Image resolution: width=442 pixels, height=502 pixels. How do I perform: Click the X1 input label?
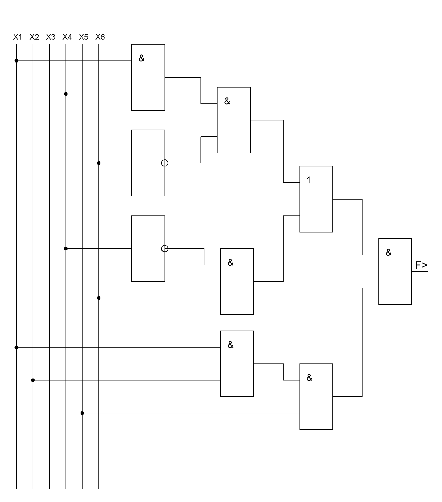tap(18, 37)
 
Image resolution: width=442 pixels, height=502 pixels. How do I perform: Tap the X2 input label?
tap(34, 37)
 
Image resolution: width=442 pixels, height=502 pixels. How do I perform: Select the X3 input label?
tap(50, 37)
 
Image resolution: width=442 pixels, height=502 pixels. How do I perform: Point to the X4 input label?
tap(67, 37)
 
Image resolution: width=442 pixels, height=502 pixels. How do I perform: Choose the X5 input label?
tap(83, 37)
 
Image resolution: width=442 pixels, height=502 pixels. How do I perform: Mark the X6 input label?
tap(100, 37)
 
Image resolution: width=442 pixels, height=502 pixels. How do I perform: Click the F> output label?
tap(421, 265)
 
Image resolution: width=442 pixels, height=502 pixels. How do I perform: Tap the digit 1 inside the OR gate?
tap(308, 180)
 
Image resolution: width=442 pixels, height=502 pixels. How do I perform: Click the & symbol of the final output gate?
tap(388, 253)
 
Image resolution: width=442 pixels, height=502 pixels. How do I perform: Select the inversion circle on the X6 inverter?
tap(165, 163)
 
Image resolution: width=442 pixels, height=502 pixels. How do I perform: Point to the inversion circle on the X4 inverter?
tap(165, 249)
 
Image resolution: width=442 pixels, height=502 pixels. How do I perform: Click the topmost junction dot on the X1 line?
tap(16, 61)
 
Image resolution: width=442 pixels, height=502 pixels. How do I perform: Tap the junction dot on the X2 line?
tap(33, 380)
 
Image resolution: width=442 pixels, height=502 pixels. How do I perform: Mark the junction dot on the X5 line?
tap(82, 413)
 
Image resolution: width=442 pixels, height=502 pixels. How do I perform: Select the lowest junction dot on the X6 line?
tap(99, 298)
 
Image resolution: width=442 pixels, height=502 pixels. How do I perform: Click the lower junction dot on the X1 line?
tap(16, 347)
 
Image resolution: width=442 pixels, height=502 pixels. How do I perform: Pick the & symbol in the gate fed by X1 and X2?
tap(230, 345)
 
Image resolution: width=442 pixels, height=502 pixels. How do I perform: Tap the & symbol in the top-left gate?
tap(142, 59)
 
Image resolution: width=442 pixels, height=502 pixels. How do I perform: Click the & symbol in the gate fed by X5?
tap(309, 378)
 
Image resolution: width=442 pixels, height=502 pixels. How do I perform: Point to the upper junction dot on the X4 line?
tap(66, 94)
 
